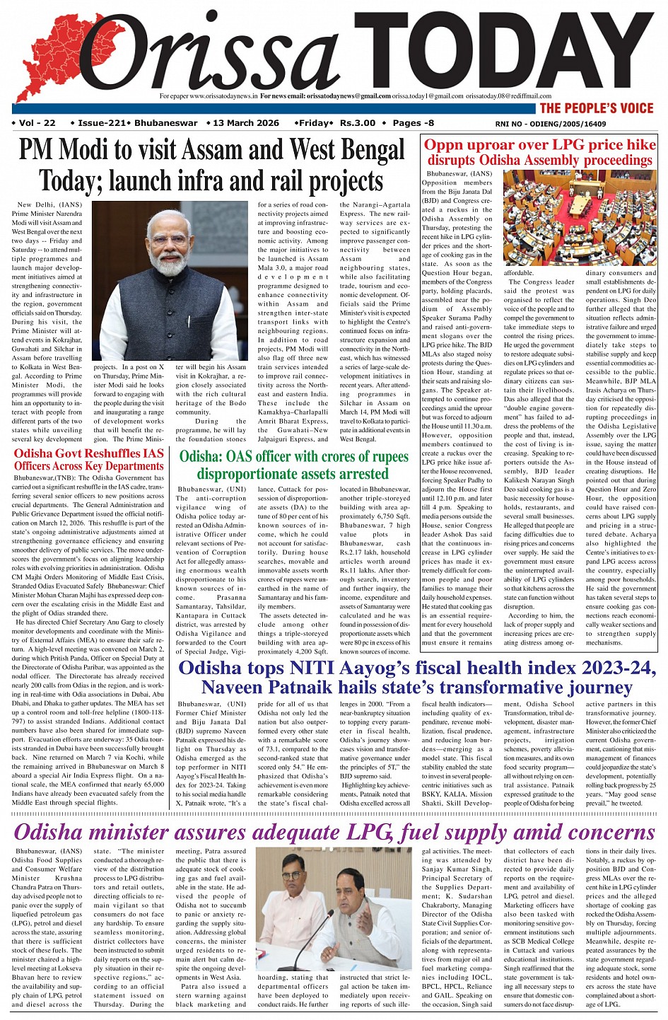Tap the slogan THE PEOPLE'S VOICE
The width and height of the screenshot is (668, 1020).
(597, 108)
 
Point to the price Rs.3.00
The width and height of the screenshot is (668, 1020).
(358, 123)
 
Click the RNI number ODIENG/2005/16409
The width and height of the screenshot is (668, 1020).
(571, 124)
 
